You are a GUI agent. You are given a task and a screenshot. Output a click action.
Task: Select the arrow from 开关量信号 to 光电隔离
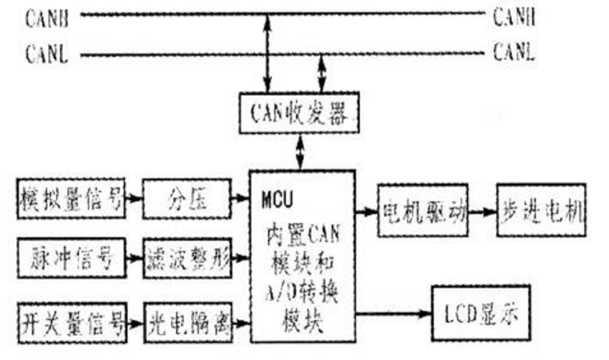134,323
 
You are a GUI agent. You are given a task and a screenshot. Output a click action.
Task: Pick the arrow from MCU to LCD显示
393,312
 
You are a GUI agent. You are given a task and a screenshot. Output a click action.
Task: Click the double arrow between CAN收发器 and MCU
298,152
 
